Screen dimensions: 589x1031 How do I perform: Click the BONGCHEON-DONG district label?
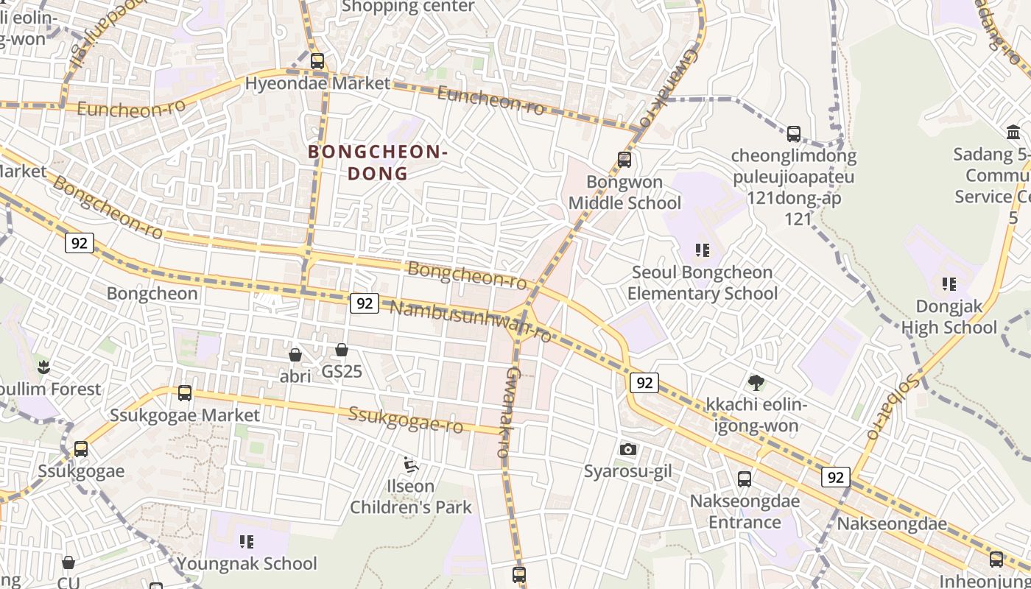pyautogui.click(x=377, y=163)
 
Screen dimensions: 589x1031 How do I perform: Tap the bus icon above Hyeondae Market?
pyautogui.click(x=317, y=61)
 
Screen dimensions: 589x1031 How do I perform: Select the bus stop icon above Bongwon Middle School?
pyautogui.click(x=624, y=160)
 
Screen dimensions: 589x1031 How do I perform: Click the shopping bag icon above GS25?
pyautogui.click(x=342, y=350)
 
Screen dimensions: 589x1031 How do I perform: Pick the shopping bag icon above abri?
pyautogui.click(x=295, y=355)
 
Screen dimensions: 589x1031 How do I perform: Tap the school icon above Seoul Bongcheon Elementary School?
pyautogui.click(x=703, y=250)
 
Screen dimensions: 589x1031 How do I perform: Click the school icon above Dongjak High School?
pyautogui.click(x=949, y=283)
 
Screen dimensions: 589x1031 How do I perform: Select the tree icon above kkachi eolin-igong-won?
pyautogui.click(x=756, y=382)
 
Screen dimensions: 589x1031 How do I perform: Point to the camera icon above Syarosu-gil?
pyautogui.click(x=628, y=449)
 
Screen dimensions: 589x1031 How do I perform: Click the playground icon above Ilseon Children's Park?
pyautogui.click(x=411, y=465)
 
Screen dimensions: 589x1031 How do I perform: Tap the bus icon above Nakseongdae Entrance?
pyautogui.click(x=745, y=479)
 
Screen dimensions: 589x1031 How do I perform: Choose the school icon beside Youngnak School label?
pyautogui.click(x=247, y=542)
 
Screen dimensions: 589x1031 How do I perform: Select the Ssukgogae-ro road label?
pyautogui.click(x=406, y=420)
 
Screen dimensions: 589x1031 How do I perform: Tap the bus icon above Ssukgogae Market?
pyautogui.click(x=185, y=393)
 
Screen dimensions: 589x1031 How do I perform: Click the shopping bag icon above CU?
pyautogui.click(x=68, y=562)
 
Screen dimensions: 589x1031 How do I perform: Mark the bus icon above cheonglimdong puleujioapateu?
pyautogui.click(x=794, y=134)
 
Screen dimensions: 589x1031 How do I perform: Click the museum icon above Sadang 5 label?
pyautogui.click(x=1014, y=133)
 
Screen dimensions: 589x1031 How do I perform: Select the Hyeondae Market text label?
pyautogui.click(x=317, y=83)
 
